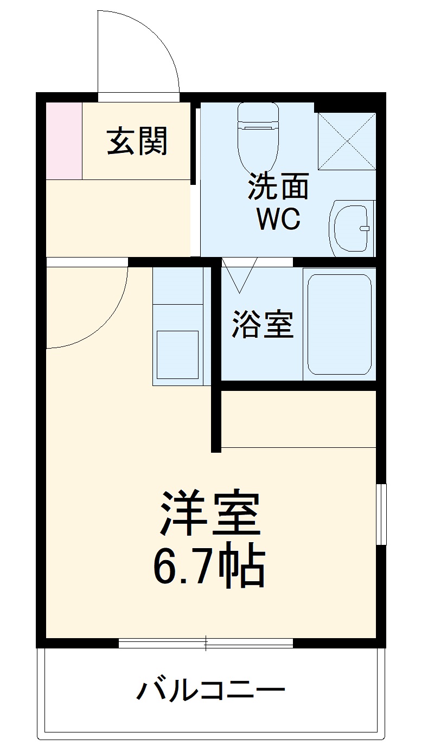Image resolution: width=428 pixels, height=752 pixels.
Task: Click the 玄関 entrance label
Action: [x=137, y=141]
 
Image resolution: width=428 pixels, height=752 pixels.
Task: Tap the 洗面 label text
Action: [x=278, y=187]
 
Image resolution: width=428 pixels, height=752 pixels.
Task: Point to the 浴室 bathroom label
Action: [x=263, y=324]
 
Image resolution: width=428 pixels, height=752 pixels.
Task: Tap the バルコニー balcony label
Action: [x=210, y=691]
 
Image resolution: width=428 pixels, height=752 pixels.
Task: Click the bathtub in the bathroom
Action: [x=340, y=324]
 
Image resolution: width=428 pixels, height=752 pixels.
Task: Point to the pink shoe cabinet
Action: [x=63, y=140]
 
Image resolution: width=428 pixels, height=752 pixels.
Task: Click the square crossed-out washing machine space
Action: [x=346, y=141]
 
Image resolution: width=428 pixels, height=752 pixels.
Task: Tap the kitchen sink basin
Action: [x=177, y=355]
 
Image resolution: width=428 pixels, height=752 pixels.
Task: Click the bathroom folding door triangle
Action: [x=239, y=274]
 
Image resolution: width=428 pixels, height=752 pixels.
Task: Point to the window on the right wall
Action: [x=382, y=513]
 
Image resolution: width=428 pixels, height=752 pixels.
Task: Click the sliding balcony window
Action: [x=206, y=643]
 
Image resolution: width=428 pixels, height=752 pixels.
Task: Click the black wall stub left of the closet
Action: [x=216, y=417]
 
